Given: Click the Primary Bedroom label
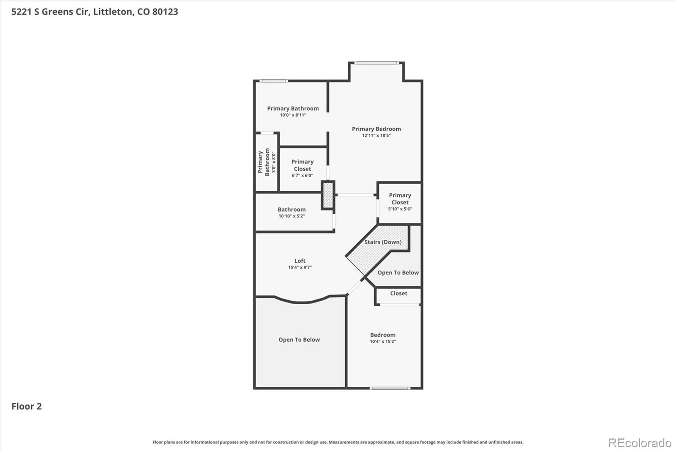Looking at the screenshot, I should tap(376, 129).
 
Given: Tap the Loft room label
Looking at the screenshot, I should tap(300, 261).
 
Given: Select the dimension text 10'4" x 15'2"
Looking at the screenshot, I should tap(383, 341).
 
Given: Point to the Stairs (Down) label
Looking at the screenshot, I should tap(383, 242).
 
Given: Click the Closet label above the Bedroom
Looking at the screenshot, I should tap(398, 293).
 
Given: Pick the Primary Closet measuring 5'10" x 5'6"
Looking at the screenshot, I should tap(400, 202).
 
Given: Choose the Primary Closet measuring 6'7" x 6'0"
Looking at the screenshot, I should tap(303, 168).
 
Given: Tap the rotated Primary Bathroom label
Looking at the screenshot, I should tap(264, 162).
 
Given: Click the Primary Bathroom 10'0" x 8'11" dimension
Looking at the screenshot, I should tap(293, 115).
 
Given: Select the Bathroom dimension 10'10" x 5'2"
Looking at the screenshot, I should tap(292, 216).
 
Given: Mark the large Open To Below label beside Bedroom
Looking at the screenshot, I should tap(299, 340).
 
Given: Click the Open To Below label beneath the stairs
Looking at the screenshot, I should tap(398, 273).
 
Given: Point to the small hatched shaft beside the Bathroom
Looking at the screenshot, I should tap(328, 195).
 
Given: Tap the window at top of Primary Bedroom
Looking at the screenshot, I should tap(376, 63).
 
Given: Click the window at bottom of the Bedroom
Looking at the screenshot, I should tap(390, 388).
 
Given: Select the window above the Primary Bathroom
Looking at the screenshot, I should tap(273, 81).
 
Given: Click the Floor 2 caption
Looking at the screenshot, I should tap(27, 407).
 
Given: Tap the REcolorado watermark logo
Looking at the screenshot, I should tap(640, 443).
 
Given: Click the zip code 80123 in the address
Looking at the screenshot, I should tap(165, 12).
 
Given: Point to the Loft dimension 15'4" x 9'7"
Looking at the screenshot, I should tap(300, 267).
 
